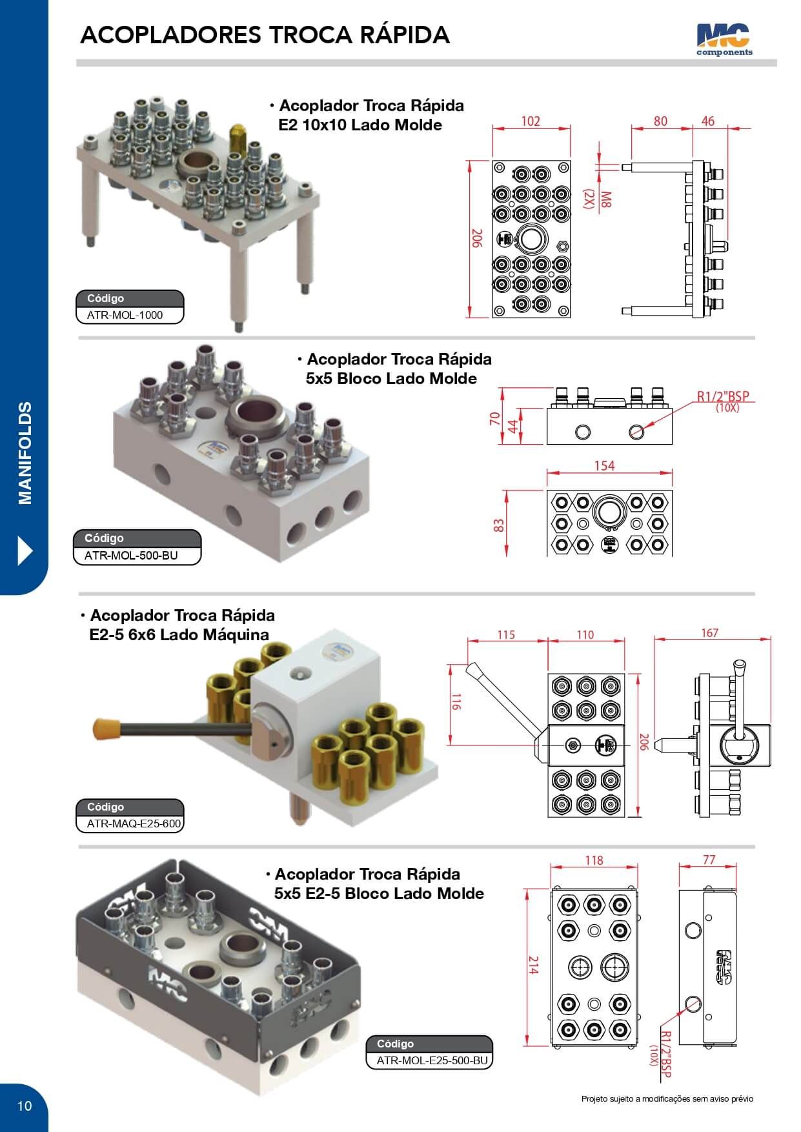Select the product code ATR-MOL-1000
tap(125, 316)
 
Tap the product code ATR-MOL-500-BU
tap(131, 555)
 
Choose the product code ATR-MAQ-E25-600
tap(134, 824)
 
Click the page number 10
tap(24, 1106)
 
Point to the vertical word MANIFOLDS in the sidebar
tap(25, 452)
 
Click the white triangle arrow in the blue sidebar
tap(25, 551)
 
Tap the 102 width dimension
tap(530, 121)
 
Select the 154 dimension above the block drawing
tap(604, 466)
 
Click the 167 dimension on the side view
tap(709, 633)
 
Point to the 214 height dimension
tap(533, 965)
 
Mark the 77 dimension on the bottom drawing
tap(709, 860)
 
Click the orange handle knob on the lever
tap(107, 728)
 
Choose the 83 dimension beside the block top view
tap(499, 525)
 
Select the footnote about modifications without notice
tap(667, 1099)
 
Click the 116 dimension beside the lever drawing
tap(456, 702)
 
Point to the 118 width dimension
tap(594, 860)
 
